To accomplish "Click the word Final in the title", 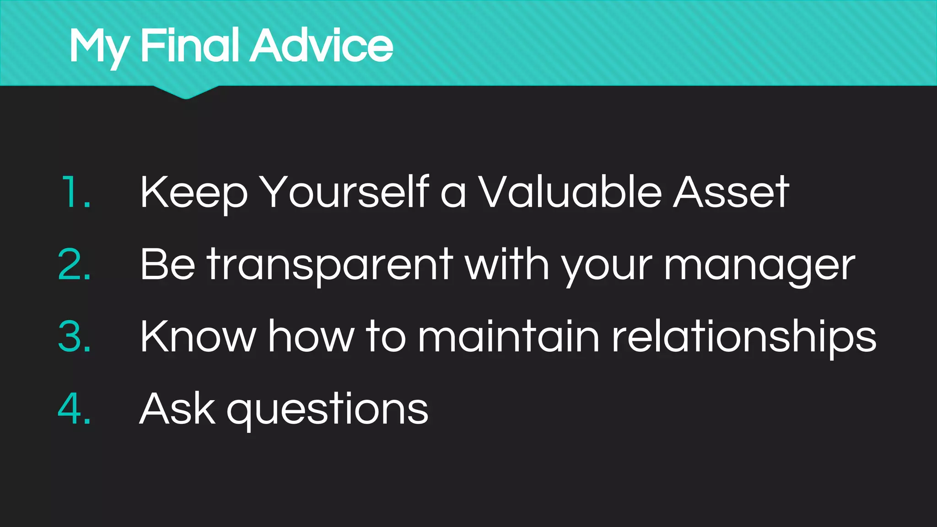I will pos(189,45).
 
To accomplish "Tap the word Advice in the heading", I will pos(321,45).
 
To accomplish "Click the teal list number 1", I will pos(75,192).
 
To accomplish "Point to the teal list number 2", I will pos(74,264).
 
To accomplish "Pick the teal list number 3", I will pos(74,337).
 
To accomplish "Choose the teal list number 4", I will pos(74,409).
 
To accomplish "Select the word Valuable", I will pos(570,192).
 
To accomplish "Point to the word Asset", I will pos(731,192).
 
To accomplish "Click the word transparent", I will pos(329,265).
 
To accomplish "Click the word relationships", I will pos(744,338).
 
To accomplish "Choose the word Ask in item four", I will pos(177,409).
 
